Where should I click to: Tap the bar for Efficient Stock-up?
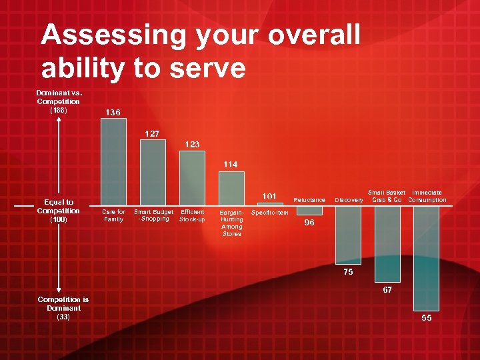click(192, 178)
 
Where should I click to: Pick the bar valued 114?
click(231, 187)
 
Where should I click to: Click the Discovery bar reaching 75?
click(348, 234)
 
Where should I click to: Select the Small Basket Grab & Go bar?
click(387, 243)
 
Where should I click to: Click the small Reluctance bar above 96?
click(309, 210)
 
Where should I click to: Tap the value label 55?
click(427, 318)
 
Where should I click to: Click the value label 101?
click(269, 196)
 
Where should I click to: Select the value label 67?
click(387, 290)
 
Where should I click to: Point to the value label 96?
click(309, 223)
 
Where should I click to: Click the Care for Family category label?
click(113, 215)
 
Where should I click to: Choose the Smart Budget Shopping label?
click(153, 215)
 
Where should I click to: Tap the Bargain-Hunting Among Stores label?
click(232, 223)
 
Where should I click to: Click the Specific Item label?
click(270, 213)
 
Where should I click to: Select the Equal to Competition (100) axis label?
click(59, 211)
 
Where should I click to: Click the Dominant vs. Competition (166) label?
click(59, 101)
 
